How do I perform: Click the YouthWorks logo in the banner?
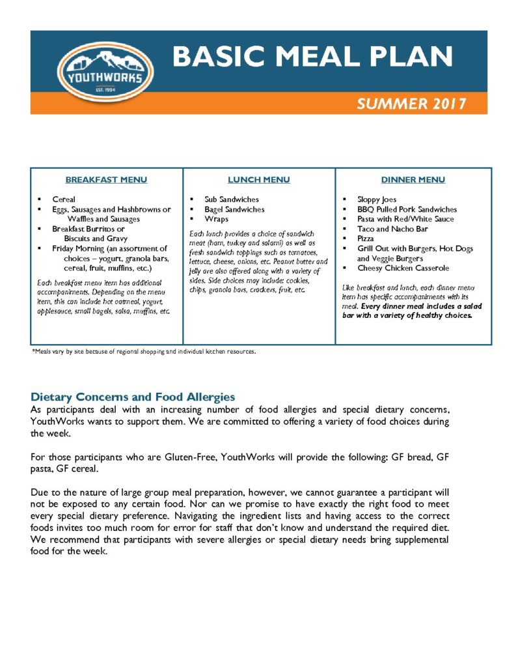click(105, 73)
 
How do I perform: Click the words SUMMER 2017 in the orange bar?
click(411, 104)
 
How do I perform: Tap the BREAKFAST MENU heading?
click(106, 180)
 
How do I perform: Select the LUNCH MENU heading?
click(258, 180)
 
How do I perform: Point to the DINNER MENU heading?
click(413, 180)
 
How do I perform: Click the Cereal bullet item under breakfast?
click(64, 199)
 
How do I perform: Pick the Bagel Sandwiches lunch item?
click(234, 209)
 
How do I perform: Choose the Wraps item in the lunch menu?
click(216, 219)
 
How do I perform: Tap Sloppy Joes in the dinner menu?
click(377, 199)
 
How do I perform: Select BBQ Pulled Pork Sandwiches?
click(407, 209)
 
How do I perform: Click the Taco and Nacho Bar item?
click(392, 229)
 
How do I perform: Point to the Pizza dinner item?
click(366, 238)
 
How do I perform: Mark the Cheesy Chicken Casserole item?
click(403, 268)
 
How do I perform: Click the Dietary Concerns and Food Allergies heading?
click(133, 397)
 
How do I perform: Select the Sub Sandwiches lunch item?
click(232, 199)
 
